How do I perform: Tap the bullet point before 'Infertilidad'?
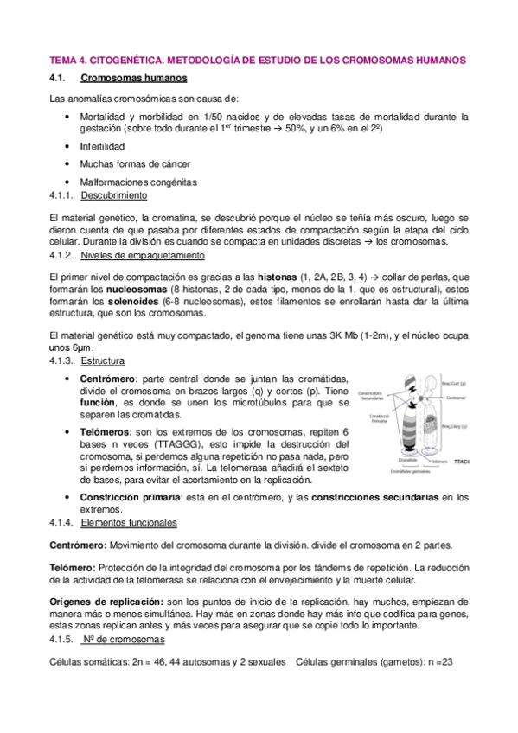pyautogui.click(x=68, y=146)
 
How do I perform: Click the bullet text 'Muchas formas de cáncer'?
pyautogui.click(x=135, y=164)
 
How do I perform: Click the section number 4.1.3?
pyautogui.click(x=63, y=360)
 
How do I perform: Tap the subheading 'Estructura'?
pyautogui.click(x=102, y=360)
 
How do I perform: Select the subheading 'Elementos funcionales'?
pyautogui.click(x=128, y=523)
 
